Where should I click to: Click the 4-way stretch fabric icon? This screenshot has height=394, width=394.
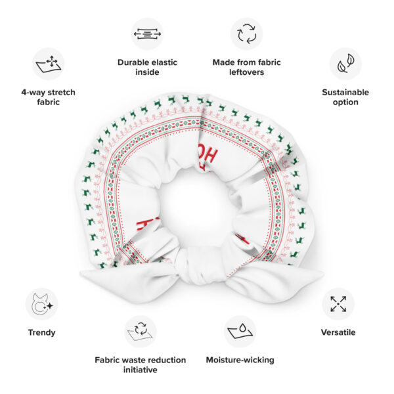coord(48,64)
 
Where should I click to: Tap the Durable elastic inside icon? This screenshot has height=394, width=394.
coord(147,34)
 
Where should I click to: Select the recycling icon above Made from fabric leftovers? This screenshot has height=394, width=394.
coord(246,34)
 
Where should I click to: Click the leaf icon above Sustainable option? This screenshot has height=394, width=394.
coord(345,64)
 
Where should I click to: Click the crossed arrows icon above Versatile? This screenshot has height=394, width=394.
coord(338,304)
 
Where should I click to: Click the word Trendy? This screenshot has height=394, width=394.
coord(42,332)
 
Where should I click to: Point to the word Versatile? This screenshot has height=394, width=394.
coord(338,332)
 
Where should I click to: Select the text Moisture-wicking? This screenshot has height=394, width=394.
coord(240,360)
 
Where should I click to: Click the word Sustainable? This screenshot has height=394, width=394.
coord(345,93)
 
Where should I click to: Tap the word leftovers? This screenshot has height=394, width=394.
coord(246,72)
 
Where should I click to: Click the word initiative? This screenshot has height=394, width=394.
coord(141,370)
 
